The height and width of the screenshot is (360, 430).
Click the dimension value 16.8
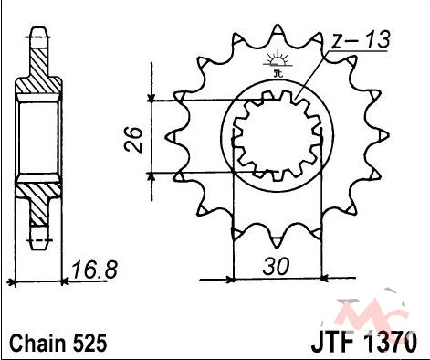point(94,270)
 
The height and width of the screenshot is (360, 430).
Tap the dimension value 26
point(133,140)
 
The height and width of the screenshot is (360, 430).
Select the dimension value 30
point(277,267)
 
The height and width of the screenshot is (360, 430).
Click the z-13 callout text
point(361,40)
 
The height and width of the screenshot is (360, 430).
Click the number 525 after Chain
point(90,343)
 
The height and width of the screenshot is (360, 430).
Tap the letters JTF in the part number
point(332,342)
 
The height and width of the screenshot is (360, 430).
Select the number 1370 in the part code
point(390,342)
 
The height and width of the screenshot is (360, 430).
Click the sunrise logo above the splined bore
point(278,62)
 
